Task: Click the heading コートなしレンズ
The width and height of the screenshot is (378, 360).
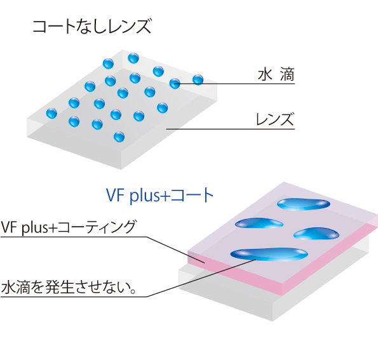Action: [x=92, y=27]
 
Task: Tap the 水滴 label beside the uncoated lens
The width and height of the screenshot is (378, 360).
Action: [x=276, y=74]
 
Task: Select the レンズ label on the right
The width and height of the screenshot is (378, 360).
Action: [x=275, y=119]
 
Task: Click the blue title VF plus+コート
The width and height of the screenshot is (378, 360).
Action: [x=160, y=196]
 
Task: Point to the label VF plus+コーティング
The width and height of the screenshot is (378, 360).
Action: [x=68, y=227]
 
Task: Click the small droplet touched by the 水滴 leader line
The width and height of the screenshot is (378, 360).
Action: [x=175, y=83]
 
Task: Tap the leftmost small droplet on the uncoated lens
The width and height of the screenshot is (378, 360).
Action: [x=51, y=113]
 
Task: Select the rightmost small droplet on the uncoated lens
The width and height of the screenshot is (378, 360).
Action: [x=198, y=80]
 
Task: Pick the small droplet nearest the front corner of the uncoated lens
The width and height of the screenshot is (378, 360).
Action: [x=119, y=137]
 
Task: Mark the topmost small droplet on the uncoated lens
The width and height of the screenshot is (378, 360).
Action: [x=133, y=58]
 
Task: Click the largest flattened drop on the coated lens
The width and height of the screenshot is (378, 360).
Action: [x=269, y=255]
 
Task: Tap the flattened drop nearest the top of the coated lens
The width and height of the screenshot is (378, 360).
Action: [x=304, y=204]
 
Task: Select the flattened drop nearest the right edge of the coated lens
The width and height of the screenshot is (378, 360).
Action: [x=316, y=234]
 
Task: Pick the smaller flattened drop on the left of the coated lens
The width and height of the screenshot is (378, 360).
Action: [x=259, y=223]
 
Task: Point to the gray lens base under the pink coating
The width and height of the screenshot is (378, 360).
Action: [x=227, y=297]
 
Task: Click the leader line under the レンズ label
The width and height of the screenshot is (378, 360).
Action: [x=230, y=129]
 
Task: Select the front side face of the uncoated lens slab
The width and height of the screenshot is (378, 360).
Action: [x=74, y=145]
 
